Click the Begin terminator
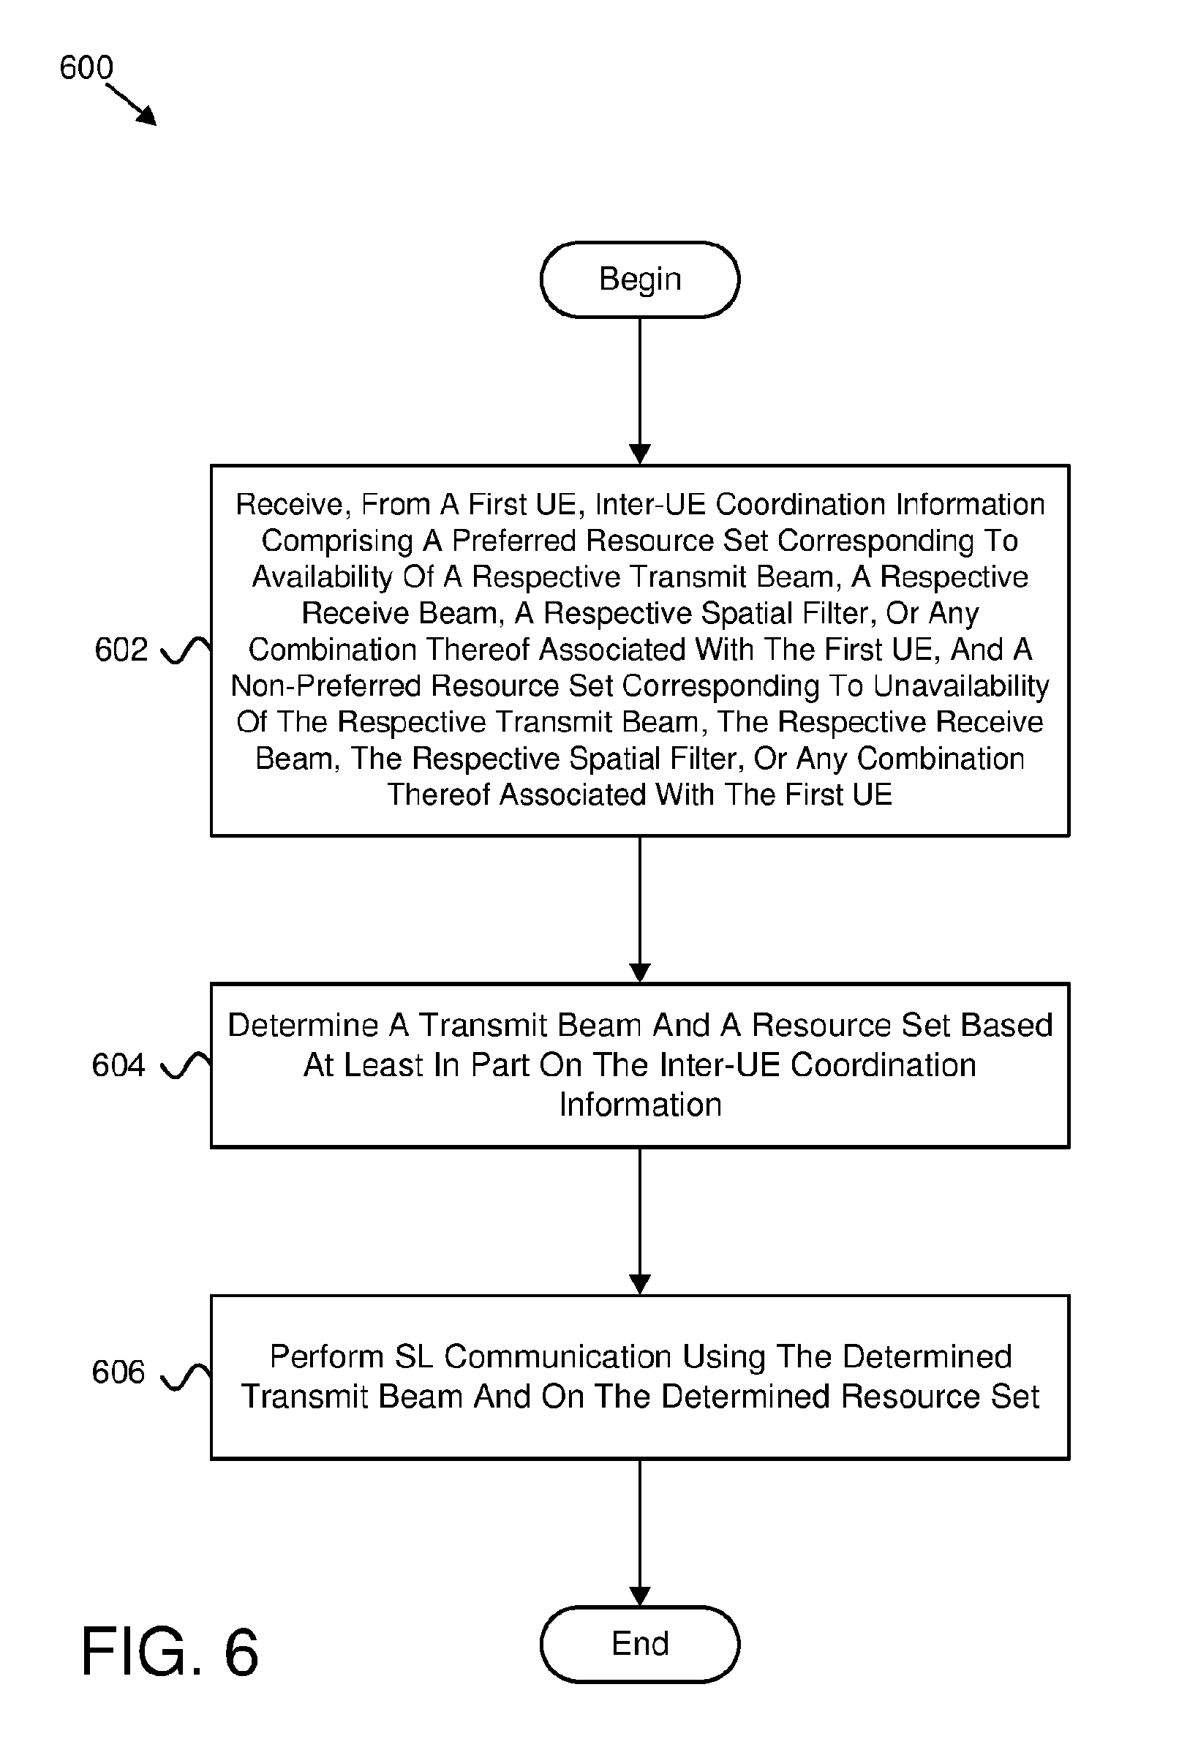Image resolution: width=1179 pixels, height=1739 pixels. [x=640, y=279]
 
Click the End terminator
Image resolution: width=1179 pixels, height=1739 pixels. [x=640, y=1644]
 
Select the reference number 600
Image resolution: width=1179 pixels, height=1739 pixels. [x=86, y=68]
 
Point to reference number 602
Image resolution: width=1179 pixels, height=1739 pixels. [x=121, y=650]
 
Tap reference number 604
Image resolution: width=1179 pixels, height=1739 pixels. [x=118, y=1064]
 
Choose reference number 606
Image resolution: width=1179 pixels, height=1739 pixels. [x=118, y=1372]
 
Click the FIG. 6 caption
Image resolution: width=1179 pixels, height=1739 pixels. [x=170, y=1651]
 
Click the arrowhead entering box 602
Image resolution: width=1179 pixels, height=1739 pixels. [x=640, y=454]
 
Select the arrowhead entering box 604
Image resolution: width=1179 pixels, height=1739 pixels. [x=640, y=973]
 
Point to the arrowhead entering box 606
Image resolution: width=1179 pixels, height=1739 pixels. [x=640, y=1285]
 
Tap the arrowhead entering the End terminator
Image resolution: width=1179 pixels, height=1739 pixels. [x=640, y=1596]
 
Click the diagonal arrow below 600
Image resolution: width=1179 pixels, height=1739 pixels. [x=132, y=105]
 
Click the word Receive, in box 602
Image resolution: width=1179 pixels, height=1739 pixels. [x=293, y=505]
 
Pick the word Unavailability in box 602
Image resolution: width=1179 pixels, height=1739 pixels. [x=961, y=686]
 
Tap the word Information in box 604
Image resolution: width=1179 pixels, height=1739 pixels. [x=641, y=1105]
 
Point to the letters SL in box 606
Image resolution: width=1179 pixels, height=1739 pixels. [x=413, y=1356]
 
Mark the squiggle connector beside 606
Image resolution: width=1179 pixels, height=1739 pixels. [x=186, y=1376]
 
